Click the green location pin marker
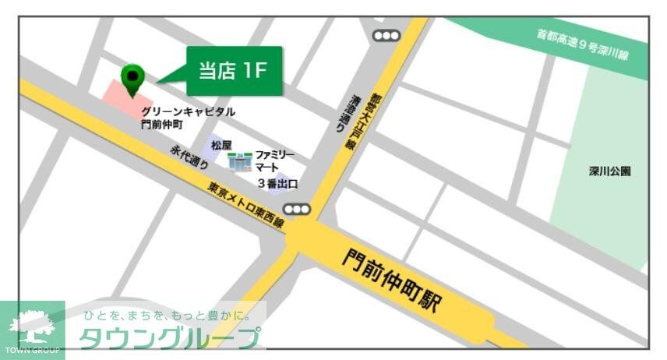[133, 77]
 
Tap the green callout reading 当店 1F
[233, 71]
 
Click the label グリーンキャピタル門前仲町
[187, 118]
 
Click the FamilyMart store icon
[239, 162]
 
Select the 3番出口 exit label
[278, 185]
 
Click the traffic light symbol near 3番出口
[297, 209]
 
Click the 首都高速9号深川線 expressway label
[583, 46]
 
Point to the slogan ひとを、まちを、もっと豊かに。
[168, 316]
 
